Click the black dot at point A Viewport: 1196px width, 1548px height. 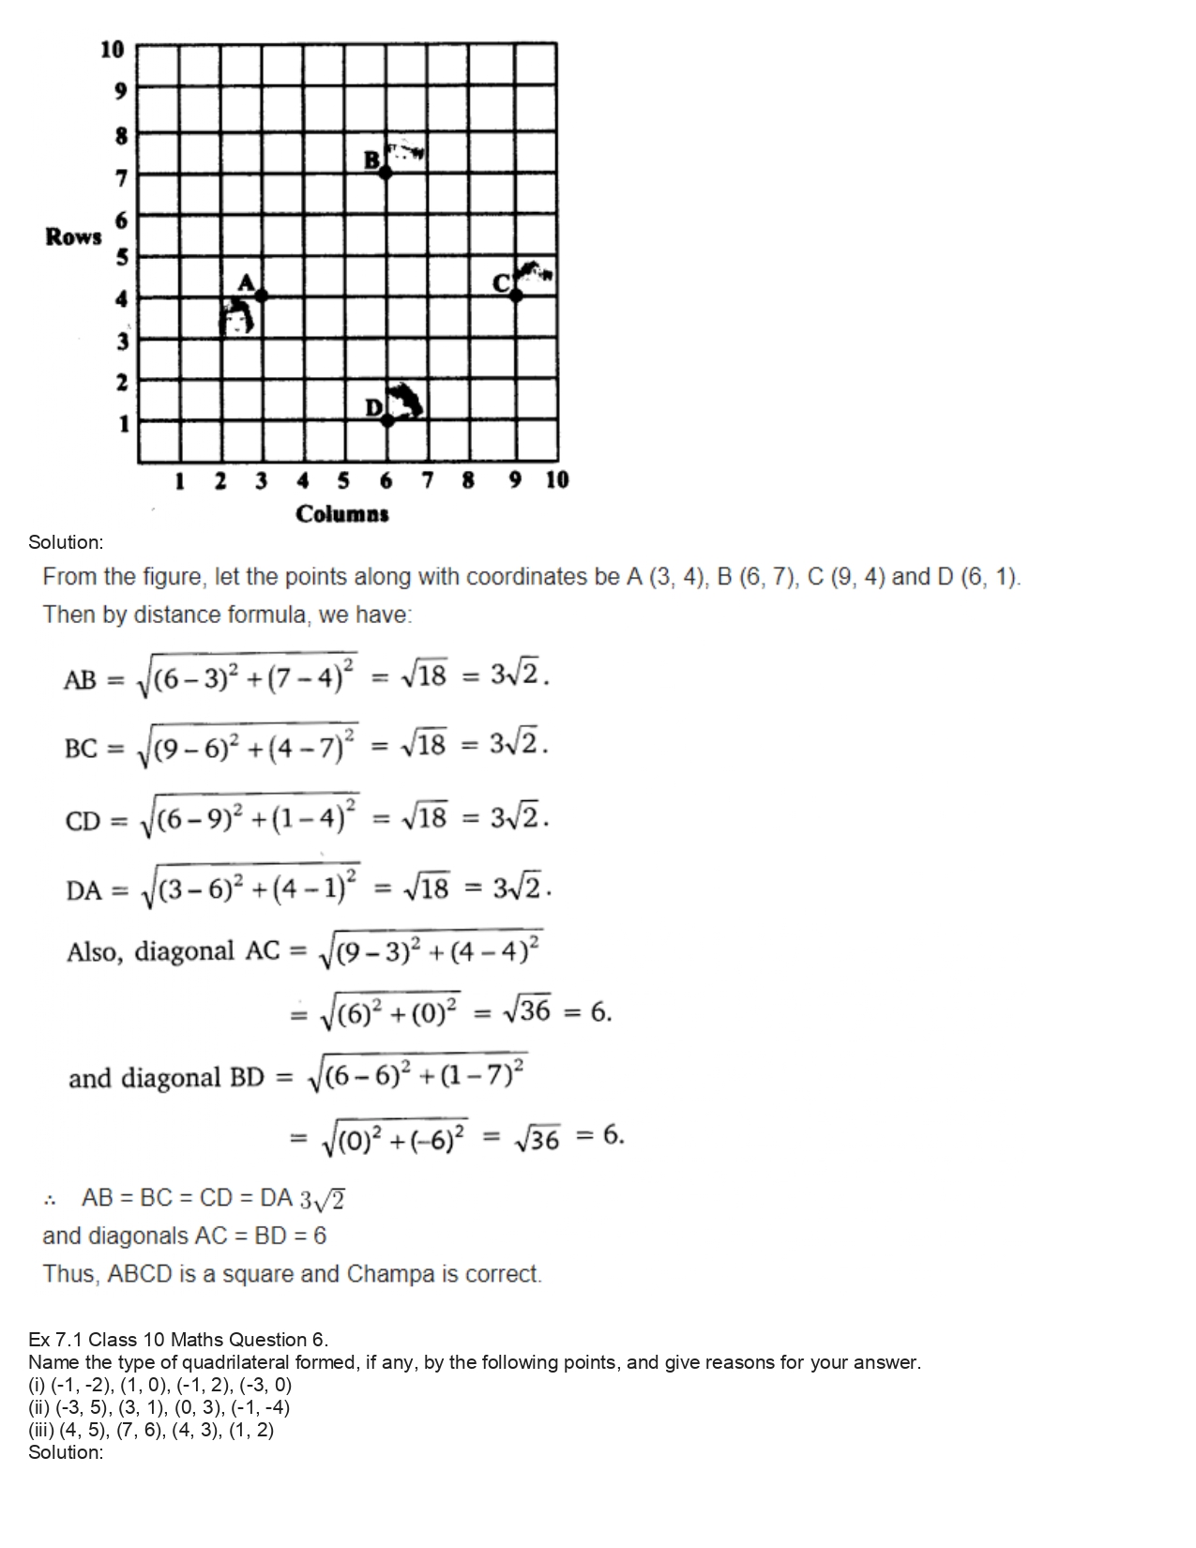(262, 296)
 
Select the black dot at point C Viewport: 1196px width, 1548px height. (516, 296)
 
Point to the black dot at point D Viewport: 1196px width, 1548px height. (387, 419)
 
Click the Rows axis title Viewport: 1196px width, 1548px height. (73, 236)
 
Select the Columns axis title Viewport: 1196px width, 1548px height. (342, 514)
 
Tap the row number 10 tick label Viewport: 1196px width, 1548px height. (112, 49)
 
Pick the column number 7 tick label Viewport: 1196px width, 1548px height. (428, 481)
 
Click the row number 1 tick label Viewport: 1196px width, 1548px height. (122, 424)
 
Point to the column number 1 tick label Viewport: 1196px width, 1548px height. (178, 481)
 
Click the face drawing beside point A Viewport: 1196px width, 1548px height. (238, 317)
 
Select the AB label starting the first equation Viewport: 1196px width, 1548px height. (81, 680)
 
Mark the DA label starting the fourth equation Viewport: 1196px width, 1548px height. (83, 890)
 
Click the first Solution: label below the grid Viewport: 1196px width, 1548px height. (66, 542)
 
